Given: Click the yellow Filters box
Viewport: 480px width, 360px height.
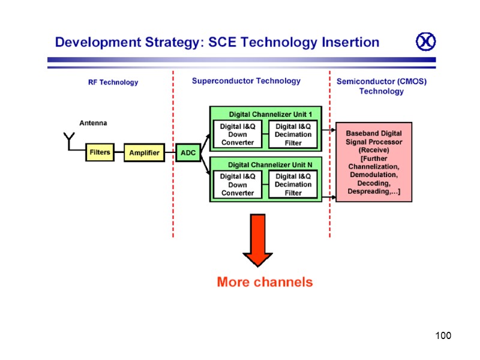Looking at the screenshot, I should [x=100, y=152].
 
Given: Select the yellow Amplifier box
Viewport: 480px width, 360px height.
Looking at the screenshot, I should [x=145, y=153].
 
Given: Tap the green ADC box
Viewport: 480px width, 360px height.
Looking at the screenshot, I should [x=188, y=153].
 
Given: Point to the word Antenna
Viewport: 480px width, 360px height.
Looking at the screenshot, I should [x=93, y=123].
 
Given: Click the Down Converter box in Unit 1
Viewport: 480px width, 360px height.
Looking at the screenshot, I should [x=238, y=134].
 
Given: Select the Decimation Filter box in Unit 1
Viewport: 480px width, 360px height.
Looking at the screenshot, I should [x=293, y=134].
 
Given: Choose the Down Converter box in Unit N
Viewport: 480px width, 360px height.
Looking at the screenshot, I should [x=238, y=185].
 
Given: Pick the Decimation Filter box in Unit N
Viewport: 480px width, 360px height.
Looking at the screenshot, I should [x=293, y=185].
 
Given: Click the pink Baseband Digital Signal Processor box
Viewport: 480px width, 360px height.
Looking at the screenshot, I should [x=374, y=162].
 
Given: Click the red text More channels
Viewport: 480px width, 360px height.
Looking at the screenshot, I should [x=265, y=282].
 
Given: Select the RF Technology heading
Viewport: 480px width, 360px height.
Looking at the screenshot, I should [x=113, y=82].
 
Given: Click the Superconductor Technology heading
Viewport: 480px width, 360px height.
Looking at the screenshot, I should [x=246, y=80].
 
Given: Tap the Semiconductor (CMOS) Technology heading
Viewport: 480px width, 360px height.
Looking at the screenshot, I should [x=381, y=86].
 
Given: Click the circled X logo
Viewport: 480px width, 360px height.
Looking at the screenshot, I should [x=425, y=42].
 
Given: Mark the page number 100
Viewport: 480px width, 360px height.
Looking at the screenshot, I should [x=443, y=335].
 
